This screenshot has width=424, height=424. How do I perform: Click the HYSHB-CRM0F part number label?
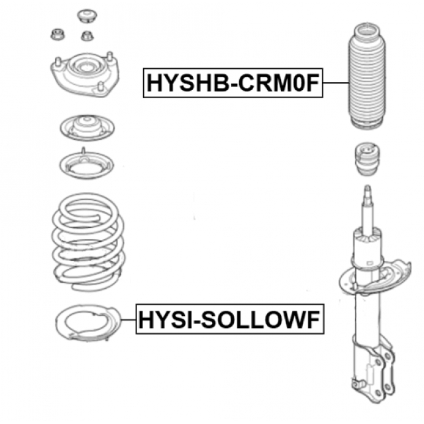pos(233,83)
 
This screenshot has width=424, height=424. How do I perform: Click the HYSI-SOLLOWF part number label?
pos(230,319)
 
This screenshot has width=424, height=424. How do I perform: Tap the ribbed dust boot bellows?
pos(366,77)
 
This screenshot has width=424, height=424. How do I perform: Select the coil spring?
pos(88,242)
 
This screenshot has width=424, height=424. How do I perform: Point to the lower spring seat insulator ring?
pos(62,322)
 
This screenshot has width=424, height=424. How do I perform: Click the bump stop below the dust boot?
pos(367,160)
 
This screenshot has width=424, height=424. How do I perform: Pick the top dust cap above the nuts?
pos(87,16)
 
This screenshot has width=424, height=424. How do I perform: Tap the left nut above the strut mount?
pos(58,34)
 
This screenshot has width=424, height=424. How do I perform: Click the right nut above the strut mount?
pos(87,36)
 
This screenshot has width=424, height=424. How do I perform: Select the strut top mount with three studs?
pos(85,74)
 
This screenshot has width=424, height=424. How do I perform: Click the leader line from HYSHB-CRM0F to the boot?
pos(335,83)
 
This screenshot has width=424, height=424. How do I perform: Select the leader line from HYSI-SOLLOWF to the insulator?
pos(128,319)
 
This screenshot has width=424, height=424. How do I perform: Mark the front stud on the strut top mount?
pos(101,87)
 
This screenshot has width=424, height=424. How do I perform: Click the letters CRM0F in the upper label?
pos(278,83)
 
